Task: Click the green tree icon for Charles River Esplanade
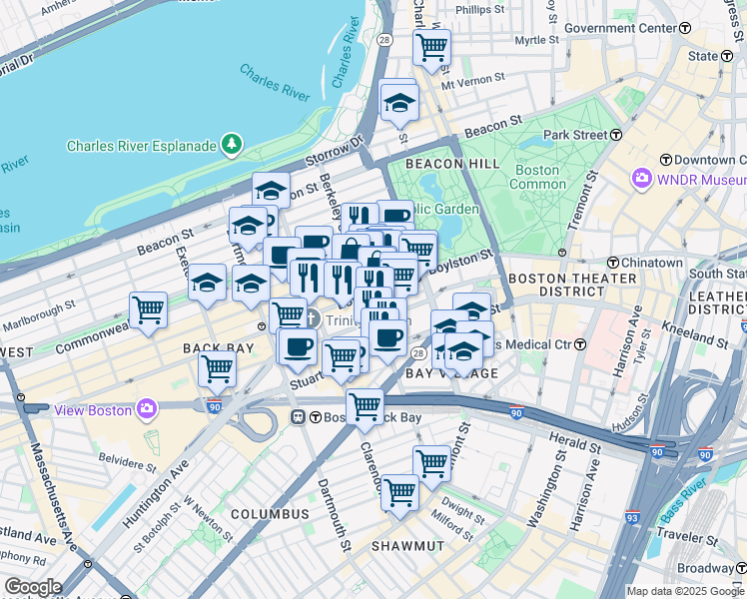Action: point(232,146)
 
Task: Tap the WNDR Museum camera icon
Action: point(641,179)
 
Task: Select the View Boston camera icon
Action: point(147,407)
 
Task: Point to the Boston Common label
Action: point(535,177)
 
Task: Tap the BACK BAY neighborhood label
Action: point(221,347)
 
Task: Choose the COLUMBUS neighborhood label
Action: point(270,513)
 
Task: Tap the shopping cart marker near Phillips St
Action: point(431,46)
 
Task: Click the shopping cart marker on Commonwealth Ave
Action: point(148,309)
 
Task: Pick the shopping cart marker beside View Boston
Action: point(217,367)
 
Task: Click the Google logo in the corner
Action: point(33,587)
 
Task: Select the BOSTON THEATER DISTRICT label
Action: point(572,285)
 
